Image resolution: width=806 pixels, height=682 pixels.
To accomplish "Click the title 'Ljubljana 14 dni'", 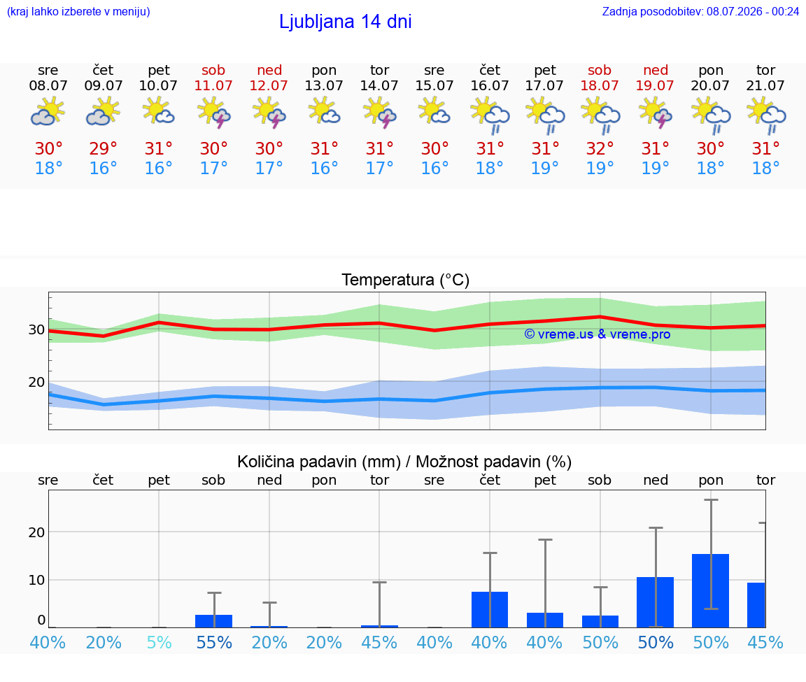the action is tap(346, 22).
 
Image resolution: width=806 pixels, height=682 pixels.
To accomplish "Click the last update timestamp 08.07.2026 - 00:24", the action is tap(753, 11).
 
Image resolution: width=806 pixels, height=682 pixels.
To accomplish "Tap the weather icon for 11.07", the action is tap(214, 113).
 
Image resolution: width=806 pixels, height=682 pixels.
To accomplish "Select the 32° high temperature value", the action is tap(600, 148).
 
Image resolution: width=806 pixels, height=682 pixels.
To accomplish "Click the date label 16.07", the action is tap(489, 85).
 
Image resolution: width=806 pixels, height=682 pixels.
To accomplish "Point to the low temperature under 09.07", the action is tap(104, 168).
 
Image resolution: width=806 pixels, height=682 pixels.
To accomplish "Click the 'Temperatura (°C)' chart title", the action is tap(406, 280).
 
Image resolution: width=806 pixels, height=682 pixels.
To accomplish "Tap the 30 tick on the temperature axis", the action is tap(36, 330).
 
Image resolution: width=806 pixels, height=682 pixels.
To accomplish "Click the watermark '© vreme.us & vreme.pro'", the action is tap(598, 334).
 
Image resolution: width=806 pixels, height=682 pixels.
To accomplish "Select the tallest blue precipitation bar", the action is tap(710, 590).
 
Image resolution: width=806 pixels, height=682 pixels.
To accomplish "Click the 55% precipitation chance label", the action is tap(214, 642).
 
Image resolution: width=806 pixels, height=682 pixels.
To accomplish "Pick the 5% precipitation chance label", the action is tap(159, 642).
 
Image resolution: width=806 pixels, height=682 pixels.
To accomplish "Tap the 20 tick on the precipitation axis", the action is tap(36, 532).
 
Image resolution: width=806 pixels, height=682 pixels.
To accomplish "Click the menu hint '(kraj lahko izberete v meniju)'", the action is tap(78, 11).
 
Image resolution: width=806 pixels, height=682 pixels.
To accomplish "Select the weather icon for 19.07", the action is tap(656, 113).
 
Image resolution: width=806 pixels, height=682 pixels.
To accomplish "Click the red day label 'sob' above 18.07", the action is tap(600, 70).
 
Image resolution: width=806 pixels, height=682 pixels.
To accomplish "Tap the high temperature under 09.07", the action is tap(104, 148).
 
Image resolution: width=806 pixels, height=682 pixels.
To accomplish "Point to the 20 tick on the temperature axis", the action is tap(36, 383).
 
